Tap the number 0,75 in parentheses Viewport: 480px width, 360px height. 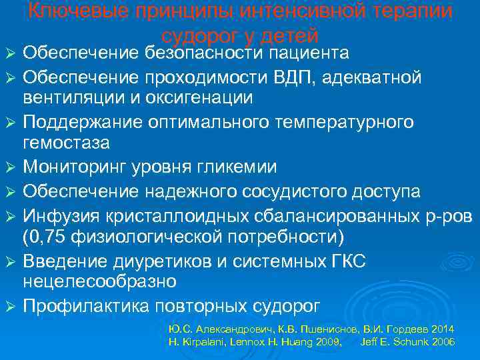pos(51,238)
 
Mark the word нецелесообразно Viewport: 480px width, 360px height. pos(100,281)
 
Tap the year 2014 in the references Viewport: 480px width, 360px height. pos(443,329)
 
